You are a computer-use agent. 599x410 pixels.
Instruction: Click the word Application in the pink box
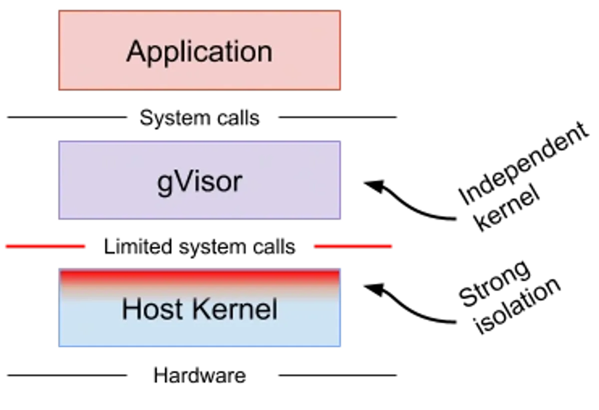[199, 51]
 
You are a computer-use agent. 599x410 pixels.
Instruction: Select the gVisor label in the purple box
[199, 182]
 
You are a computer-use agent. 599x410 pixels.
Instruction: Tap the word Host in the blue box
[152, 309]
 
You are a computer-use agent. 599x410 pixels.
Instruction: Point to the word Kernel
[235, 309]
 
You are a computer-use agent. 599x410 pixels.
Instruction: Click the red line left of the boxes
[45, 245]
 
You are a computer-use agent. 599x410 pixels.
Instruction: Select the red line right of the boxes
[353, 245]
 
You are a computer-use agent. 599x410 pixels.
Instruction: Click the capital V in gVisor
[181, 182]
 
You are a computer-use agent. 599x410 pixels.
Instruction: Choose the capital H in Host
[131, 309]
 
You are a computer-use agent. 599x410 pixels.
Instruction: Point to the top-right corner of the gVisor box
[341, 141]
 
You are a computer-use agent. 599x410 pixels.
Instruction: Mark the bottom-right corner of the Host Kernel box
[341, 348]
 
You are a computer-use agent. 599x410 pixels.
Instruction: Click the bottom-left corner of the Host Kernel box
[58, 348]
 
